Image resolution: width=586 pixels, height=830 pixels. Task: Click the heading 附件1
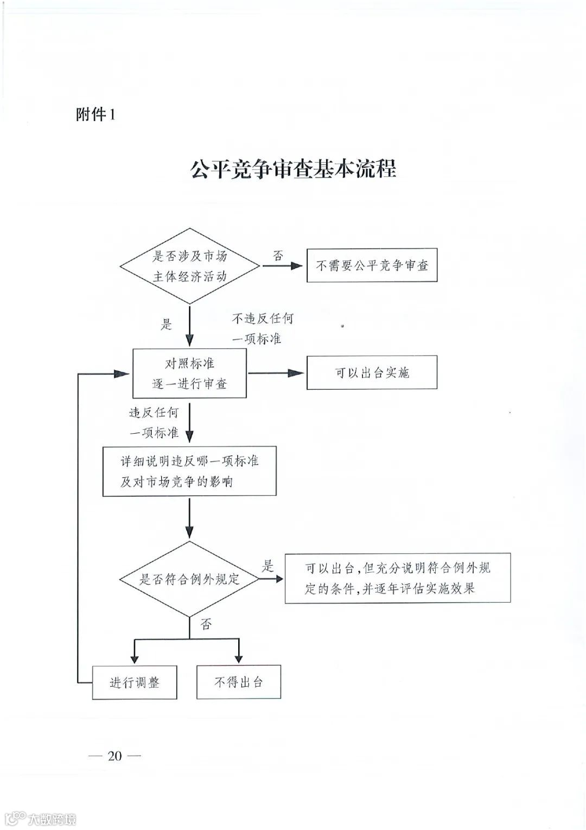95,115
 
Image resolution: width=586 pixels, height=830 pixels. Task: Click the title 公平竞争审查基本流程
293,168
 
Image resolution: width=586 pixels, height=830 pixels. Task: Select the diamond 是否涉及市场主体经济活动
189,266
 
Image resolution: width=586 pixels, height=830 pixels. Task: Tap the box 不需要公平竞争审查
372,265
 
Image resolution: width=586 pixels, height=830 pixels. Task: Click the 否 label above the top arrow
278,256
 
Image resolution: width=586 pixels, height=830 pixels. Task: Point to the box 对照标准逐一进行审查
189,373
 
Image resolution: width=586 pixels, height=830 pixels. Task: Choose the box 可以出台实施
372,372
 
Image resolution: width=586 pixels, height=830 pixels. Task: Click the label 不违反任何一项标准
263,328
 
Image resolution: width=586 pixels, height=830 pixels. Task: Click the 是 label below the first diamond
166,325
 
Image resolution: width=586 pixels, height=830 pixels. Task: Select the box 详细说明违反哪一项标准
189,471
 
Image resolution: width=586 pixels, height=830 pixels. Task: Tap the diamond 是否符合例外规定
189,579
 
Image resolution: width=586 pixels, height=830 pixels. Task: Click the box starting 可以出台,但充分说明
398,578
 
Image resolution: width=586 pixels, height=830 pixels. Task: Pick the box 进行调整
135,682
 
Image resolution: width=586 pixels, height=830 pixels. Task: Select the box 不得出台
238,682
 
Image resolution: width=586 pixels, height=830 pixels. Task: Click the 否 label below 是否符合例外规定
206,624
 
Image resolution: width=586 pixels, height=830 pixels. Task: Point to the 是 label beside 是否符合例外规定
268,566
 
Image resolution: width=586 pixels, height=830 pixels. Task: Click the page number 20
114,756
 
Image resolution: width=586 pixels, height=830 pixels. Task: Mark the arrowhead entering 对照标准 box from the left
123,373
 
